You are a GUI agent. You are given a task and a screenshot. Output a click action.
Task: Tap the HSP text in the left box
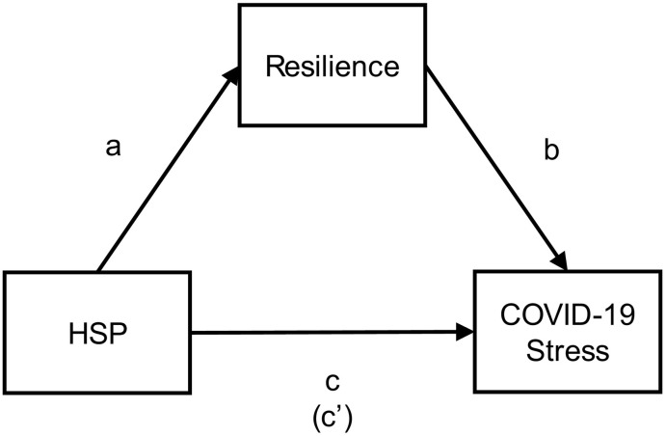pyautogui.click(x=98, y=335)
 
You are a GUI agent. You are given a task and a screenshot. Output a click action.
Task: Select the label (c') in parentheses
pyautogui.click(x=333, y=413)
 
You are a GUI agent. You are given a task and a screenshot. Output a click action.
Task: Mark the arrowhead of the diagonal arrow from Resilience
pyautogui.click(x=558, y=262)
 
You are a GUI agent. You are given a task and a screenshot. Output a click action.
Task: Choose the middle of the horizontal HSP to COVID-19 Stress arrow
pyautogui.click(x=333, y=335)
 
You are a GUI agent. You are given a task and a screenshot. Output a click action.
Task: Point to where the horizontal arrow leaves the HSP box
pyautogui.click(x=195, y=335)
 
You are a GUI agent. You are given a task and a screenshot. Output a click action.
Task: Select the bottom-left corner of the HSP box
pyautogui.click(x=5, y=395)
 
